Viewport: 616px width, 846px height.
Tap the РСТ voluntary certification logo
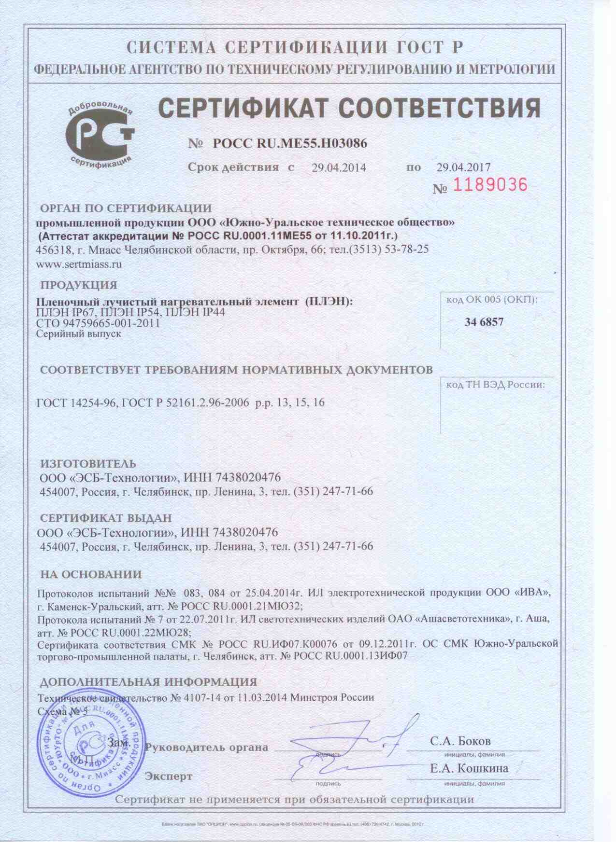100,134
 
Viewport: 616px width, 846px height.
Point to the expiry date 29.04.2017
463,167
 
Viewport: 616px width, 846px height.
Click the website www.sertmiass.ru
79,264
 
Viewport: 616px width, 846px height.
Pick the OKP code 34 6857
484,322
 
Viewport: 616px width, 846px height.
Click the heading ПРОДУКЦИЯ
78,285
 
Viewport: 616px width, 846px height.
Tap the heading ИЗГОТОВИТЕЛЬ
87,464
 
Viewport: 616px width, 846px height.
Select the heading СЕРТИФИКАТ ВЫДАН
106,518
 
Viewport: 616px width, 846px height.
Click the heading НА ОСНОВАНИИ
91,575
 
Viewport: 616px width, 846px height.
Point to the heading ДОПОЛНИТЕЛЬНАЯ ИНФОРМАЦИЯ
148,682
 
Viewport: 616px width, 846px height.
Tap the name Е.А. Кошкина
469,768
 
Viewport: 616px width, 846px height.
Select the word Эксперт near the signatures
169,777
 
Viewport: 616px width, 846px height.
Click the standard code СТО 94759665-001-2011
99,323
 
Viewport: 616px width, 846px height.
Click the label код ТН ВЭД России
495,385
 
